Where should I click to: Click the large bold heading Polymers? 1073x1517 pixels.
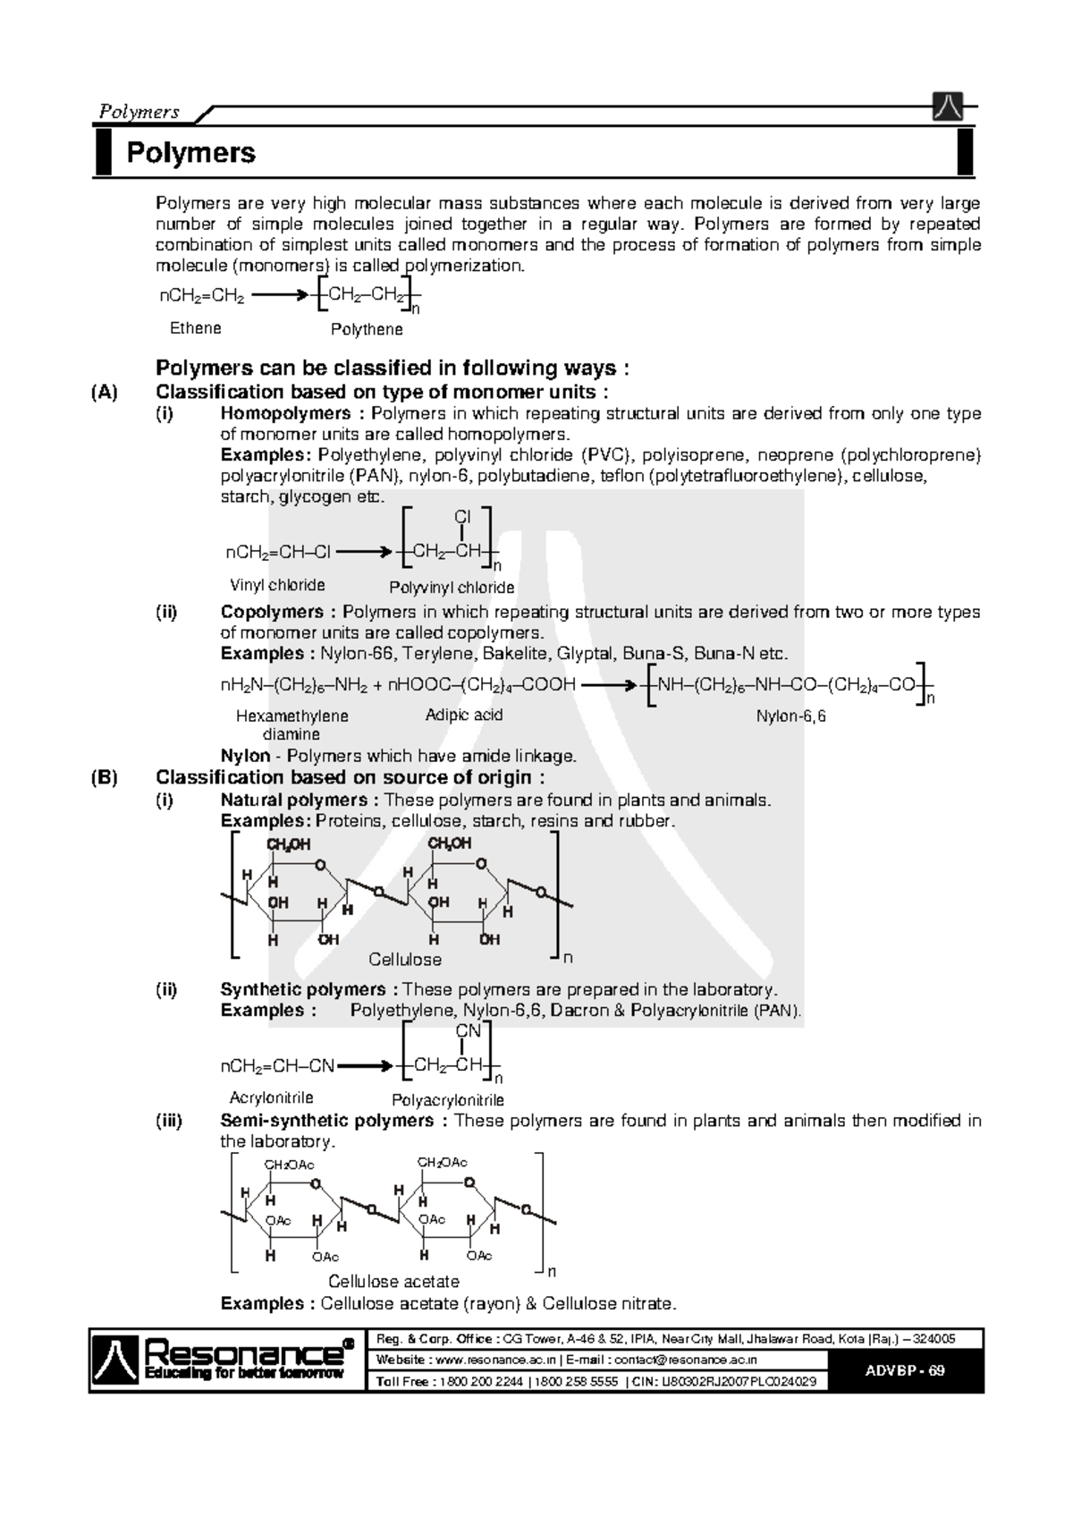(190, 153)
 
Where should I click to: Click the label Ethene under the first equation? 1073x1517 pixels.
(195, 328)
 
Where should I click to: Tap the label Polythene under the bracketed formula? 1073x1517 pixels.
(367, 330)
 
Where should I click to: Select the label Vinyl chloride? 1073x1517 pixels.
(277, 586)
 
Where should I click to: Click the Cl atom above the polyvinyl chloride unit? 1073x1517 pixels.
(462, 517)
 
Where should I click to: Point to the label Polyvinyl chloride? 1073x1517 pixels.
(452, 588)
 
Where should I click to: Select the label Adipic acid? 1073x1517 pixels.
(463, 716)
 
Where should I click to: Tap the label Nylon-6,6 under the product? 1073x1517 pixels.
(790, 716)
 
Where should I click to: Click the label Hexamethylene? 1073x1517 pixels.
(291, 716)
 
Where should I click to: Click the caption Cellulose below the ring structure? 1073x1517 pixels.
(405, 960)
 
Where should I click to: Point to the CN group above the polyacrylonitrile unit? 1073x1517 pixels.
(469, 1030)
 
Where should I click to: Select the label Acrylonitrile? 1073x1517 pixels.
(271, 1098)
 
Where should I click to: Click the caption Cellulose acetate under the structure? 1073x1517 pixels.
(393, 1282)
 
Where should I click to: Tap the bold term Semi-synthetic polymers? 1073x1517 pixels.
(327, 1121)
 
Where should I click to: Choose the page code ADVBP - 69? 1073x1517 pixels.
(905, 1371)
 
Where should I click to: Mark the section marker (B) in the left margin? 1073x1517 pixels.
(104, 777)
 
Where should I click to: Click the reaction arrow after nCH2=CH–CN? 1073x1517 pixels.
(366, 1066)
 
